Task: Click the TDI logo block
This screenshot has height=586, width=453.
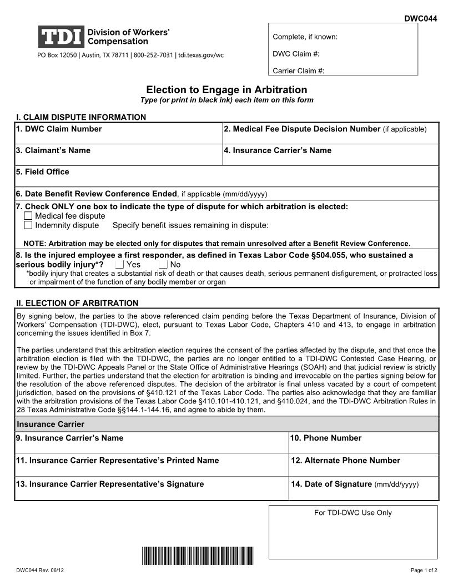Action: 61,37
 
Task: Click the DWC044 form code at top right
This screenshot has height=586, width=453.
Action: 420,18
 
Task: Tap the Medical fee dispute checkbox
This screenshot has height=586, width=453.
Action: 28,216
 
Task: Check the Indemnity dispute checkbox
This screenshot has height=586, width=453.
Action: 28,225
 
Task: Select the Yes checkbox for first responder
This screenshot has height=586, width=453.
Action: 119,265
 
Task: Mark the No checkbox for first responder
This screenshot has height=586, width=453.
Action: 163,265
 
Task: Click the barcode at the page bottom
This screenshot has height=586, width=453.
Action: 197,555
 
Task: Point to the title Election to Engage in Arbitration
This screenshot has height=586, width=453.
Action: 226,90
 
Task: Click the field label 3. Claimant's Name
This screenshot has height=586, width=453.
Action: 53,150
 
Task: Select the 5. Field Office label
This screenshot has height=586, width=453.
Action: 43,172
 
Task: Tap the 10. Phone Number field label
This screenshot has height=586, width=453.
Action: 325,438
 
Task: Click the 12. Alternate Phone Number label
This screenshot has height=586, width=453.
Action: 345,461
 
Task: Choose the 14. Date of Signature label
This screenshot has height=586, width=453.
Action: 331,484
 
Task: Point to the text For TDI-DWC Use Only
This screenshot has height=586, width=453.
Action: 353,513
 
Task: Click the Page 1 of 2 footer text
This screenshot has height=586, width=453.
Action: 424,570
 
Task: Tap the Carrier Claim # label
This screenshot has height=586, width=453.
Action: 299,71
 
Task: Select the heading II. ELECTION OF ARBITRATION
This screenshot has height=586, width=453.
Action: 77,303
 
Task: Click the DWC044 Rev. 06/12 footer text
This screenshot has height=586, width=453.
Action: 40,570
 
